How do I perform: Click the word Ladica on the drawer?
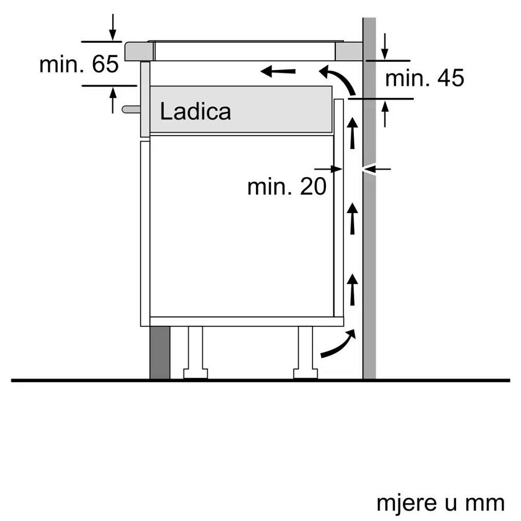click(x=195, y=111)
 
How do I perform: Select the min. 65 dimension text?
click(x=79, y=64)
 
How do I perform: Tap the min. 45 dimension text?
click(x=424, y=78)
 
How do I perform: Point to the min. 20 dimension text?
click(x=287, y=186)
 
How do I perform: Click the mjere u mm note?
click(x=441, y=502)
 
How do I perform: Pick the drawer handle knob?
click(x=130, y=108)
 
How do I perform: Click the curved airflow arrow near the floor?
click(x=337, y=346)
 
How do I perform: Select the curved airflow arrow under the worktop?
click(x=339, y=79)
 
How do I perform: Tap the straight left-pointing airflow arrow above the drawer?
click(x=278, y=72)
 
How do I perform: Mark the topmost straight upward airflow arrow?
click(x=352, y=132)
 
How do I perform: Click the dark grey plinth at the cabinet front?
click(x=160, y=352)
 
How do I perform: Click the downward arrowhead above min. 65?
click(x=112, y=35)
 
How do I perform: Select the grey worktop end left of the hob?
click(x=139, y=51)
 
